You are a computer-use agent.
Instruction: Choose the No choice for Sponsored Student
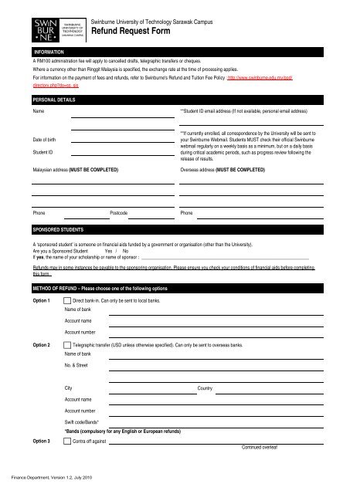pos(126,251)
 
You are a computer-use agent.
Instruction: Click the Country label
pos(205,387)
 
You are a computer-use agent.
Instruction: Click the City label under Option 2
pos(69,387)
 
